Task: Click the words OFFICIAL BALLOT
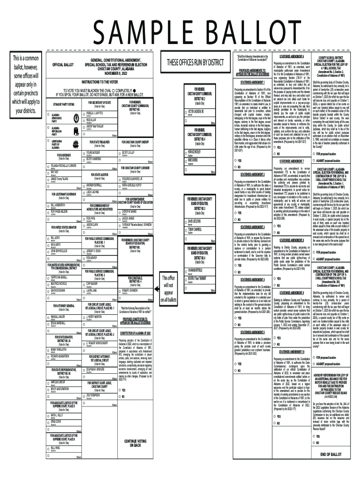63,64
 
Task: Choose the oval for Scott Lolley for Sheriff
119,153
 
